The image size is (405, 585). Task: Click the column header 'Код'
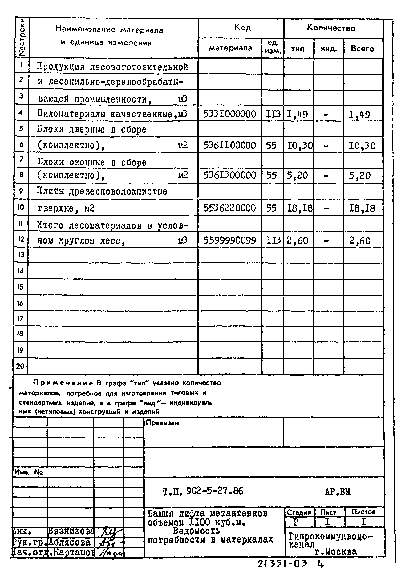pos(242,28)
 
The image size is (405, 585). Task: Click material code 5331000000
pos(230,114)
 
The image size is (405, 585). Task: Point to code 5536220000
pos(230,208)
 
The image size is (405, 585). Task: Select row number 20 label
pos(20,366)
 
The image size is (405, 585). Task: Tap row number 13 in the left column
pos(21,255)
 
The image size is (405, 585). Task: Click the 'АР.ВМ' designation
pos(338,491)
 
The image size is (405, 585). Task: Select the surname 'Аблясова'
pos(69,542)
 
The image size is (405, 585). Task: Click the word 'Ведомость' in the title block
pos(196,531)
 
